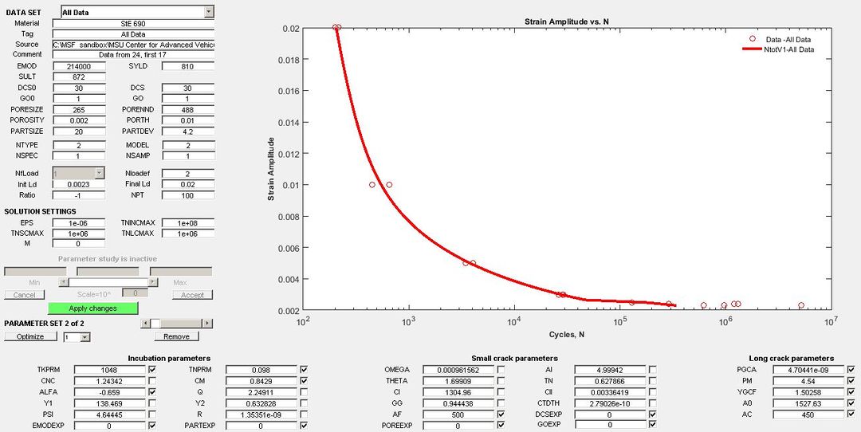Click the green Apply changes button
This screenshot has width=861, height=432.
pyautogui.click(x=92, y=308)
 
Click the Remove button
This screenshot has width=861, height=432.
pyautogui.click(x=187, y=337)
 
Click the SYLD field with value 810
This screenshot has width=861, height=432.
pyautogui.click(x=188, y=66)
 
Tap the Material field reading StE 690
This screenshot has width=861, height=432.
pyautogui.click(x=132, y=24)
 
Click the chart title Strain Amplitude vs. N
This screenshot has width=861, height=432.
pyautogui.click(x=567, y=21)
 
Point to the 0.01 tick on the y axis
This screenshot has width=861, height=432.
pyautogui.click(x=290, y=185)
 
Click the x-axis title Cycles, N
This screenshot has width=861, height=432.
pyautogui.click(x=567, y=334)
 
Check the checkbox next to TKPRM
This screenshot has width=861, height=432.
pyautogui.click(x=151, y=370)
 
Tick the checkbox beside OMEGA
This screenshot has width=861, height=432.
pyautogui.click(x=501, y=370)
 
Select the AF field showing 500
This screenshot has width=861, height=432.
pyautogui.click(x=457, y=414)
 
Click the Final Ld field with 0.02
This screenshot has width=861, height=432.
pyautogui.click(x=188, y=184)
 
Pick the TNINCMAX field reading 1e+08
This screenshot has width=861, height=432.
pyautogui.click(x=188, y=223)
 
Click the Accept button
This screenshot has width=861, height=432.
pyautogui.click(x=192, y=295)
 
